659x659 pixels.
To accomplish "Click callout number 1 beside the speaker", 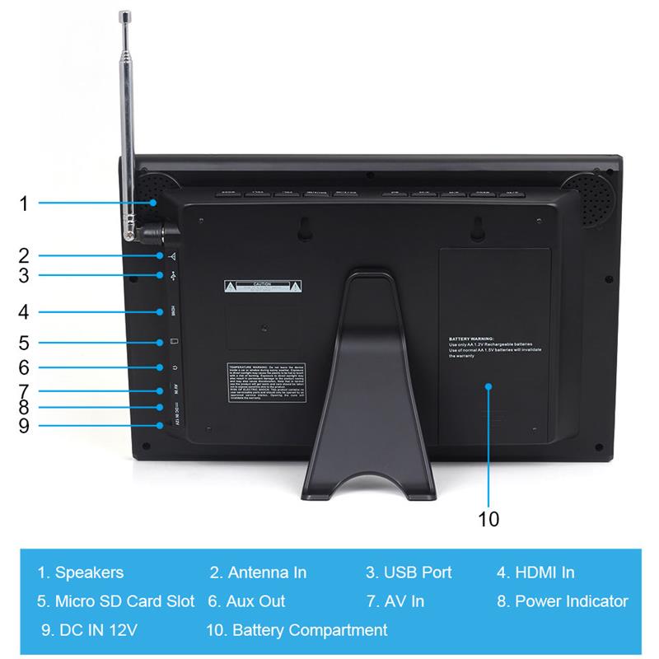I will point(24,202).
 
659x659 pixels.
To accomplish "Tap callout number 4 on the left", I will point(24,312).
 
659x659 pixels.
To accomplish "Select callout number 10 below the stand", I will point(488,519).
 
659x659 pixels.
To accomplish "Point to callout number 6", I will point(24,367).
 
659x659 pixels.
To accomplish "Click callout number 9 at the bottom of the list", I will point(24,425).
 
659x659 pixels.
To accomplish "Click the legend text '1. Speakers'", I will point(80,573).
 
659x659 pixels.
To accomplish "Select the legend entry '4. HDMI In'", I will point(535,573).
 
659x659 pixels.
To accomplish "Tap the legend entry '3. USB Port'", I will point(409,573).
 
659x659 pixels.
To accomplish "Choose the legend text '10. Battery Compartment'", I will point(297,630).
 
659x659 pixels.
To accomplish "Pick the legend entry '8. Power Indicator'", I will point(563,601).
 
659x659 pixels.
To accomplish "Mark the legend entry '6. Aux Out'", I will point(246,601).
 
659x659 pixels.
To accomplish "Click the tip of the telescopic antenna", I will point(126,16).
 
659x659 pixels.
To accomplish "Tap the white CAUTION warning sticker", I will point(263,287).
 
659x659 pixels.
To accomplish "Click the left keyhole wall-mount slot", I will point(303,229).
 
